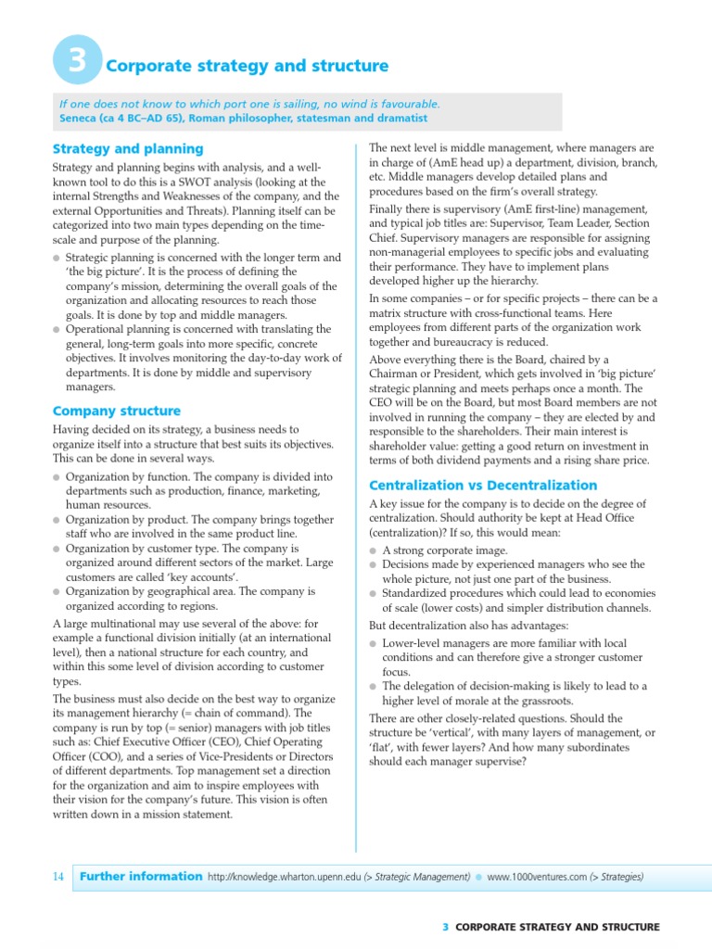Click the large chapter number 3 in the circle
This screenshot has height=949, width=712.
tap(78, 62)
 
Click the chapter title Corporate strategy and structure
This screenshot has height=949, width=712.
tap(248, 66)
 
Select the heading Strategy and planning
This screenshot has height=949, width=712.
tap(128, 148)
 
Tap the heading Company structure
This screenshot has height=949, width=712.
tap(117, 411)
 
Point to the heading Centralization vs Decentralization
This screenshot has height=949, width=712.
tap(483, 485)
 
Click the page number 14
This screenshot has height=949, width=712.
tap(58, 876)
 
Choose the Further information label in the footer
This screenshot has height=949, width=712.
tap(141, 876)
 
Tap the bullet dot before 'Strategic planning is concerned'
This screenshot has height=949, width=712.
tap(57, 258)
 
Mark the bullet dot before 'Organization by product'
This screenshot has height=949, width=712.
tap(57, 521)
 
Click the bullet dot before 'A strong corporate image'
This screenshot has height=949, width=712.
tap(374, 550)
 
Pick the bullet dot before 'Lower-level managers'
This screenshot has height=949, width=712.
tap(374, 643)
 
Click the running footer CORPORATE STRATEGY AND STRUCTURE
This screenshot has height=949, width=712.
tap(557, 927)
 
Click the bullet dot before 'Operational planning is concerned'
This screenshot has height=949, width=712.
tap(57, 330)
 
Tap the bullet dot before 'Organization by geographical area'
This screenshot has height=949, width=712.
tap(57, 592)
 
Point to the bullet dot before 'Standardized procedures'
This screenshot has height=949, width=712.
tap(374, 593)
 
